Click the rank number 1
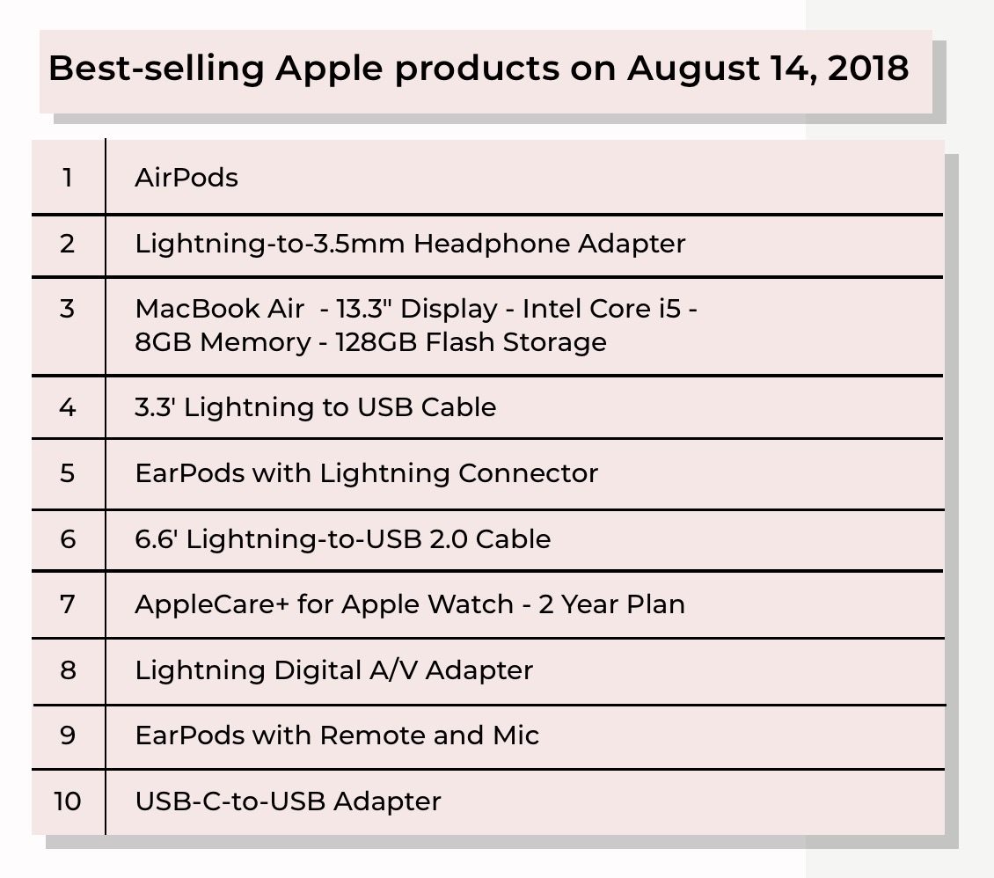[68, 178]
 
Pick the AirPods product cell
[186, 178]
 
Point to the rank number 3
[68, 310]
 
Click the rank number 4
[68, 407]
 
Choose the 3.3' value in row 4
[156, 407]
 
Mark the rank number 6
[68, 538]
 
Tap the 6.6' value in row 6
[157, 538]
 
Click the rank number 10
[68, 801]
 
